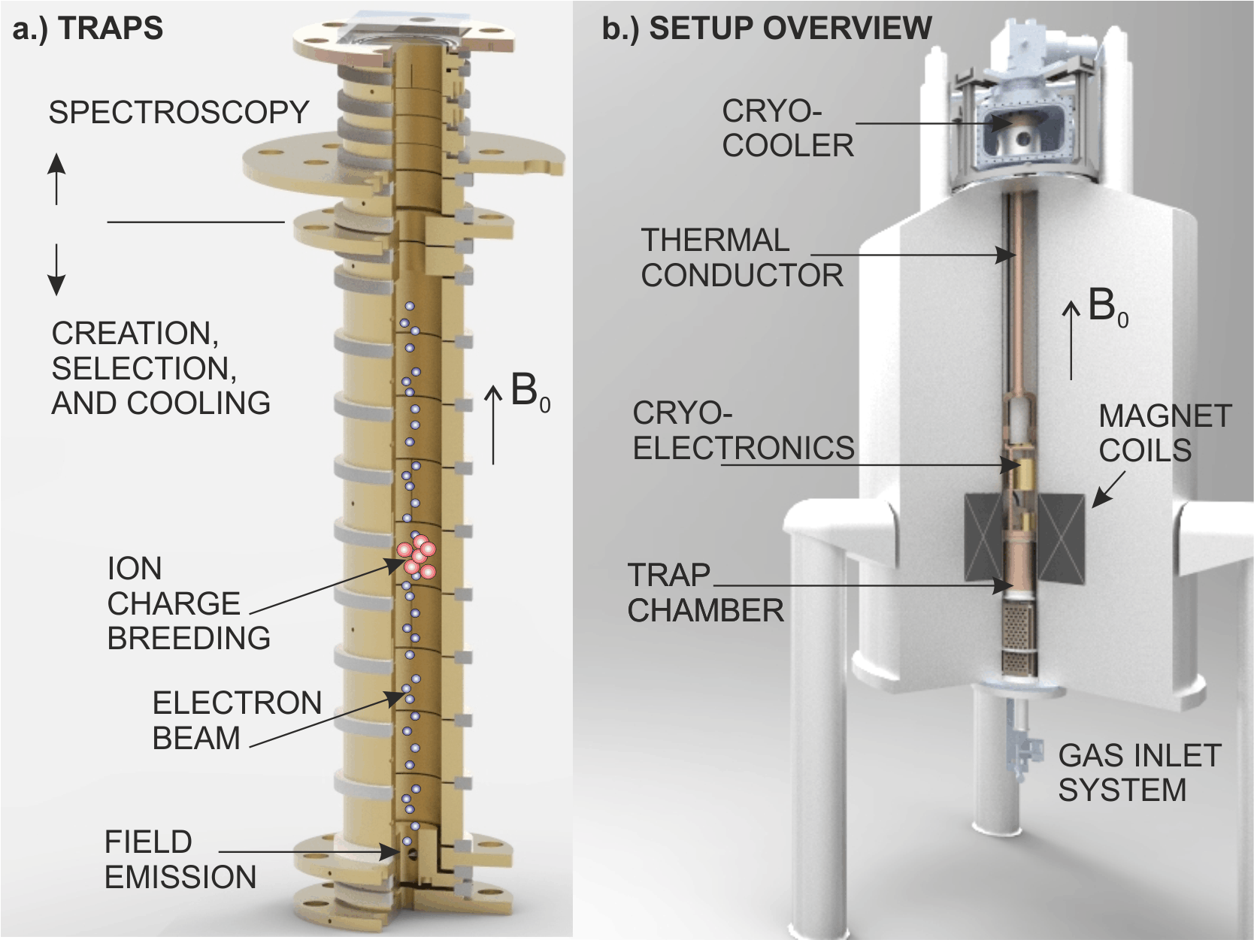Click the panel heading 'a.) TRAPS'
[87, 29]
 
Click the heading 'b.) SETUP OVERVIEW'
[766, 29]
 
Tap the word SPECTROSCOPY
[179, 113]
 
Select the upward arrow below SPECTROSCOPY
[56, 178]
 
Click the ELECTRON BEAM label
[236, 720]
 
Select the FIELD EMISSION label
[180, 860]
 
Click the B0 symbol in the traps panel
[529, 391]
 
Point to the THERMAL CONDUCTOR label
[741, 258]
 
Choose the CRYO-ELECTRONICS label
[743, 431]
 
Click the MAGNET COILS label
[1164, 433]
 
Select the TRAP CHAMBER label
[704, 593]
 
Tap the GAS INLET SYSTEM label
[1139, 772]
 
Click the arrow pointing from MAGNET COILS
[1108, 489]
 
